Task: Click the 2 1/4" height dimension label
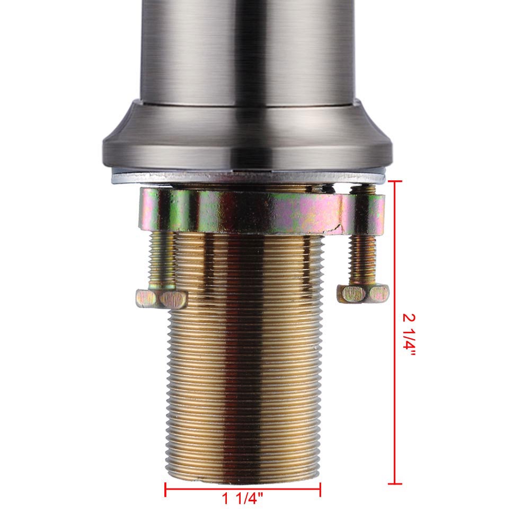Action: coord(409,334)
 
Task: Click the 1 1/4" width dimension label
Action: coord(242,499)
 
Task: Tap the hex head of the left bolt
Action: coord(161,298)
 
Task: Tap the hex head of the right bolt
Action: coord(363,294)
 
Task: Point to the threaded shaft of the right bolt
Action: coord(363,260)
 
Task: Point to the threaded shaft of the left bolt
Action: coord(162,260)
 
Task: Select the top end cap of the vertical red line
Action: coord(395,181)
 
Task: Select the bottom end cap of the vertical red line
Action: coord(395,484)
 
